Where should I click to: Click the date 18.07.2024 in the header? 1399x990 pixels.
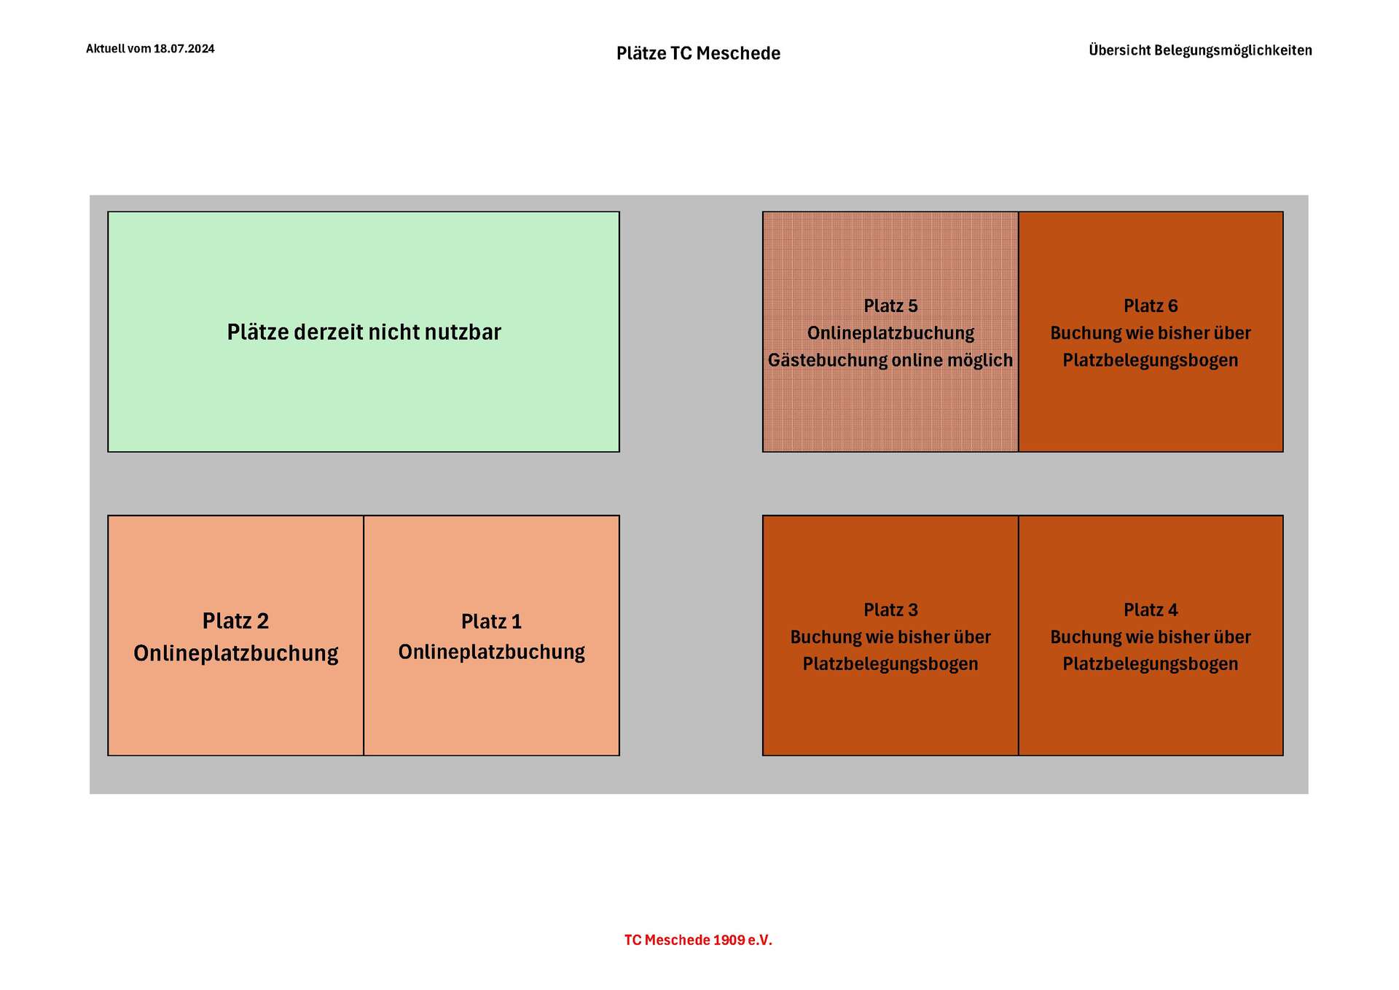tap(184, 49)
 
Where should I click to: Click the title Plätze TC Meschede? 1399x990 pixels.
tap(698, 53)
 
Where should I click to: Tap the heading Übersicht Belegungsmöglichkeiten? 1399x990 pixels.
tap(1200, 50)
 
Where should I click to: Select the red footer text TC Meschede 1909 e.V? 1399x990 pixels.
tap(698, 940)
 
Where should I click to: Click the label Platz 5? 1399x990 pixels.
tap(890, 306)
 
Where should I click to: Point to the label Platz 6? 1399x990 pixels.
tap(1151, 306)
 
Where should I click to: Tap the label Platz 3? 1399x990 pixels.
tap(890, 610)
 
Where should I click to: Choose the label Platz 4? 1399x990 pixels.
tap(1151, 610)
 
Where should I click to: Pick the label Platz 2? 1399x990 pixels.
tap(235, 621)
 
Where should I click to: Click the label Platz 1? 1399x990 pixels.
tap(491, 622)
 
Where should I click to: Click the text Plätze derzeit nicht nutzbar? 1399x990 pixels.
tap(364, 332)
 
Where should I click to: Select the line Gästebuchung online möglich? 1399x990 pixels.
tap(890, 360)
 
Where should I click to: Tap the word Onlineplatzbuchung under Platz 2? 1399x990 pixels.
tap(235, 653)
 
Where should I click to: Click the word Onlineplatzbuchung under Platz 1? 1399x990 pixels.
tap(491, 652)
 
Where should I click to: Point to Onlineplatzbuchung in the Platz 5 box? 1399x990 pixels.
tap(890, 333)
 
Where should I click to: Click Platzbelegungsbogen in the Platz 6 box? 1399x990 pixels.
tap(1151, 360)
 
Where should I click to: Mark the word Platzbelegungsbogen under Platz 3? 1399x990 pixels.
tap(890, 664)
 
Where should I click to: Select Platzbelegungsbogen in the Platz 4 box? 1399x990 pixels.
tap(1151, 664)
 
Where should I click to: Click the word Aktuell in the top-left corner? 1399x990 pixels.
tap(106, 49)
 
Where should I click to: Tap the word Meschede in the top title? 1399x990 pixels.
tap(738, 53)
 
